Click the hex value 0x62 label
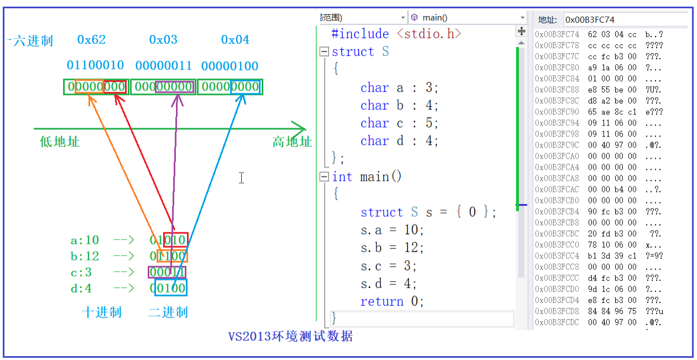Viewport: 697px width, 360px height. click(x=91, y=40)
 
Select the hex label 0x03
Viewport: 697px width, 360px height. click(x=163, y=40)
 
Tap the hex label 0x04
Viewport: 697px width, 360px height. click(x=235, y=40)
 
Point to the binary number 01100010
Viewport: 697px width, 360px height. click(x=95, y=66)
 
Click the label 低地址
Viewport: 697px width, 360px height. click(x=60, y=142)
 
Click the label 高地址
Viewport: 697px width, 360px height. click(x=292, y=142)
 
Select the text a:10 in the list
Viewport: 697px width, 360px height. click(x=85, y=240)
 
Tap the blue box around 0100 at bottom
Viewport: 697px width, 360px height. click(x=171, y=288)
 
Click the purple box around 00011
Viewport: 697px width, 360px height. click(x=167, y=272)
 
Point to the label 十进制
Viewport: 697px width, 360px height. click(x=101, y=312)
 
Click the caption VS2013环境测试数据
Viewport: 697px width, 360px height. click(x=290, y=336)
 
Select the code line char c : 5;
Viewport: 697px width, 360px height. click(x=399, y=123)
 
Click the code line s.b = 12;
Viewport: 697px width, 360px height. click(x=392, y=247)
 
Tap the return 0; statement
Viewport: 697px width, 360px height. click(x=392, y=301)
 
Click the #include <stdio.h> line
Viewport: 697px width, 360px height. click(x=396, y=34)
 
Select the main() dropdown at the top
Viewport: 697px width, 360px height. click(x=467, y=18)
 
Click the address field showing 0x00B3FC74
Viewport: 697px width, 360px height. click(x=625, y=20)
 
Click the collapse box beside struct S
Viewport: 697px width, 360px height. click(x=324, y=52)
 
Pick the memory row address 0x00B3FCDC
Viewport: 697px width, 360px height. click(x=557, y=322)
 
